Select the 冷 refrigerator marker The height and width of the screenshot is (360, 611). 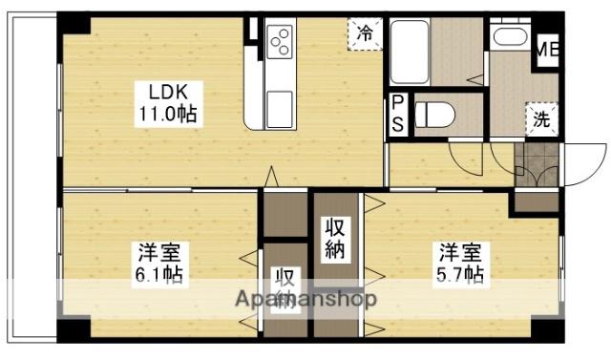[365, 32]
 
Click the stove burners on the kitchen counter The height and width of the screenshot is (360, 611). [283, 41]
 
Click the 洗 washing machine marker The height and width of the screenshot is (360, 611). [541, 121]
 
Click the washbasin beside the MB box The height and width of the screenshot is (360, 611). [508, 38]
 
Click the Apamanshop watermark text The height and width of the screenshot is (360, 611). [305, 299]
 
